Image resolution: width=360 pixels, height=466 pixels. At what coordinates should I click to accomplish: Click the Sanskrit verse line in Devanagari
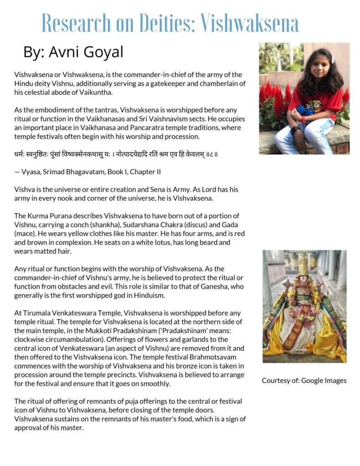[116, 154]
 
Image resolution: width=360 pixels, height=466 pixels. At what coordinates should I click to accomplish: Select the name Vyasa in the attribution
[31, 172]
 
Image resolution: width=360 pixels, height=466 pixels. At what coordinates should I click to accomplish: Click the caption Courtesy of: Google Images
[304, 380]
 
